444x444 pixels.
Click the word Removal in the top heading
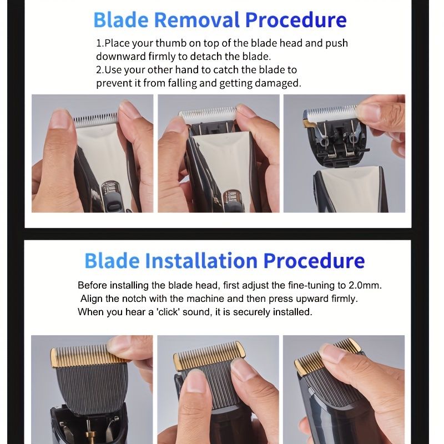point(197,20)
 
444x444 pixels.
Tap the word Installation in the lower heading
point(201,260)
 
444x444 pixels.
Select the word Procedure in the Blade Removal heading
point(296,20)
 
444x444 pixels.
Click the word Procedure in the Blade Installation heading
point(314,260)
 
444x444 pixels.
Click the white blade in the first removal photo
point(95,120)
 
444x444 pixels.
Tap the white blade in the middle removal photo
point(208,115)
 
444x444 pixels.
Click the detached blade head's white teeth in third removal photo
point(331,113)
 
